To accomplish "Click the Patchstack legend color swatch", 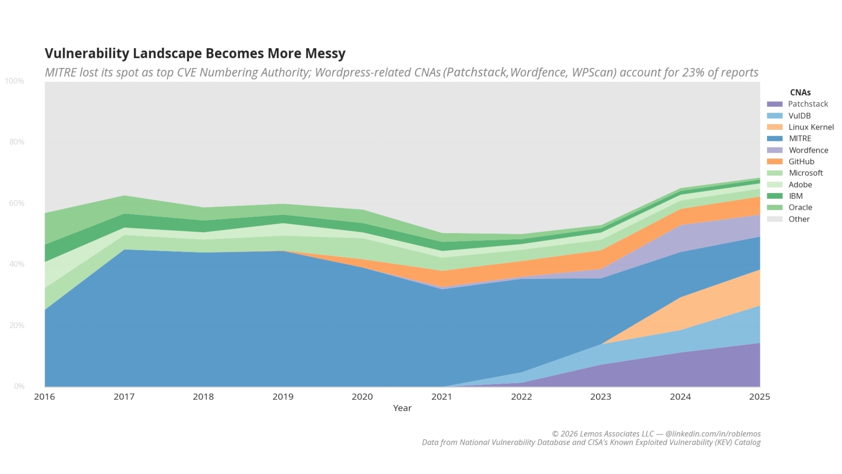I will coord(774,104).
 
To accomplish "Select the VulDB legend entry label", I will coord(799,116).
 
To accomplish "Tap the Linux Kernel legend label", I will coord(811,127).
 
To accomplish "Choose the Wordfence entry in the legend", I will coord(808,150).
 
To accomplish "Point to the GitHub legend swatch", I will coord(774,162).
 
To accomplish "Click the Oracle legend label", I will coord(800,208).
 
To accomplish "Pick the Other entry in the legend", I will coord(799,219).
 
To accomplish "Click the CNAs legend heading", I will coord(800,93).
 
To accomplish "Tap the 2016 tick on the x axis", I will coord(45,397).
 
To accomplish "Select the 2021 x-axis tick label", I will coord(442,397).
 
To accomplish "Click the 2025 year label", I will coord(760,397).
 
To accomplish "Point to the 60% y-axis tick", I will coord(17,203).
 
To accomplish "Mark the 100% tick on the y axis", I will coord(14,81).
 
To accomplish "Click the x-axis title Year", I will coord(402,408).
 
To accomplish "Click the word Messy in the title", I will coord(325,54).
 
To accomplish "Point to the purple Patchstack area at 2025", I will coord(746,366).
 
